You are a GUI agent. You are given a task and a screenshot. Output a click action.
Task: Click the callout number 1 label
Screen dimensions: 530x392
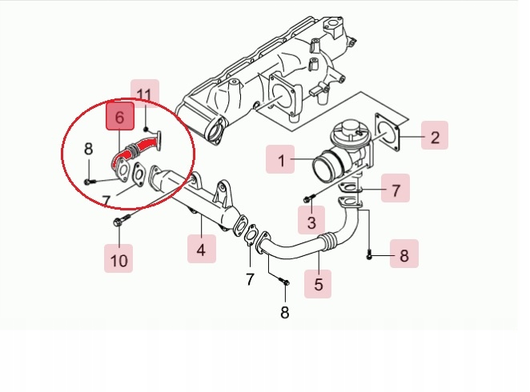tap(281, 161)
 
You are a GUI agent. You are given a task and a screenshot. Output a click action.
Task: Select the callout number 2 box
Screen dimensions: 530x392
tap(434, 137)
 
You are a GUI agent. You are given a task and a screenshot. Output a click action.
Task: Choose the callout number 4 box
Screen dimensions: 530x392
tap(201, 249)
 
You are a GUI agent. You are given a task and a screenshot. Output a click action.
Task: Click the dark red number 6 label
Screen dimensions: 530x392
tap(119, 118)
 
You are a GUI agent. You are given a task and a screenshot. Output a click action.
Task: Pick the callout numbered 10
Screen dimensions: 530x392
tap(118, 259)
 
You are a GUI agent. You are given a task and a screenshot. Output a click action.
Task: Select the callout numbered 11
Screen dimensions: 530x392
tap(145, 97)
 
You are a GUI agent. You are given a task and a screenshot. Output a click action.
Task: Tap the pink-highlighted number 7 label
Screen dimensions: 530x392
tap(395, 190)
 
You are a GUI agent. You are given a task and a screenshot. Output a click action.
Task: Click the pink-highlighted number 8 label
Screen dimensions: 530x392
tap(404, 255)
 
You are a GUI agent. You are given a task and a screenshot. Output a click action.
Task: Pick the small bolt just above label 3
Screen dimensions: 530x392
tap(308, 197)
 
